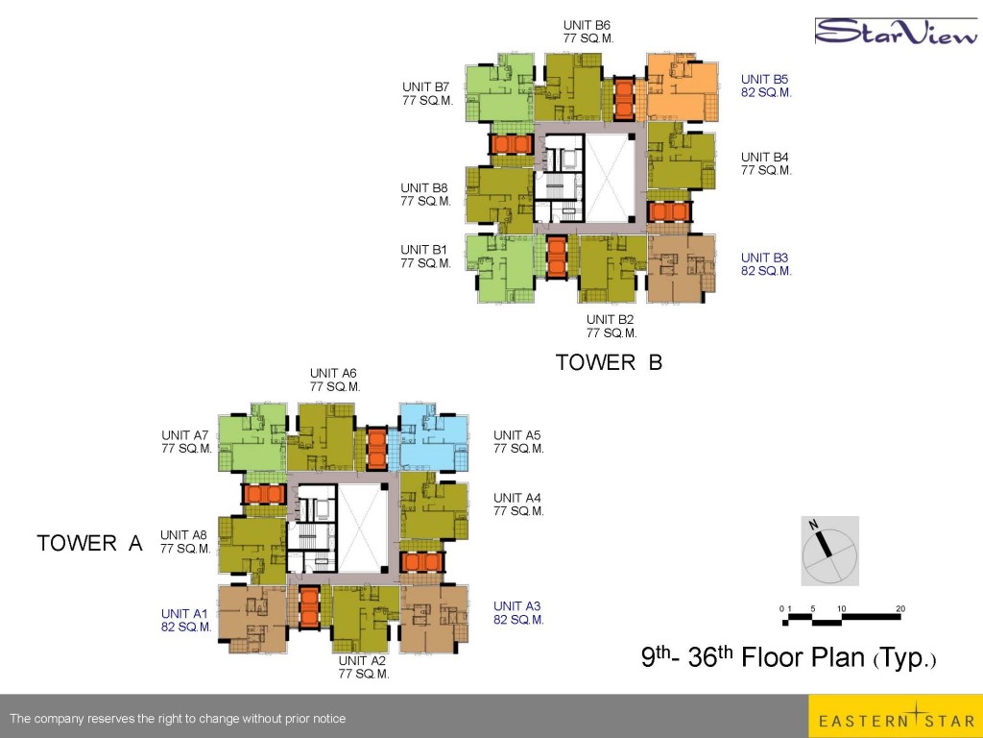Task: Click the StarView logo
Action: tap(897, 32)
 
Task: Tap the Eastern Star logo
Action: tap(896, 716)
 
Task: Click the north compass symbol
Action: tap(829, 551)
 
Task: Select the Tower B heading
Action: tap(609, 362)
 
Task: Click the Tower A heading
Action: tap(89, 543)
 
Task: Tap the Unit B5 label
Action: tap(766, 86)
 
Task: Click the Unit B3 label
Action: tap(766, 264)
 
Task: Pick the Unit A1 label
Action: tap(186, 620)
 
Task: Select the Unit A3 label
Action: tap(518, 612)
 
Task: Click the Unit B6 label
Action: tap(588, 32)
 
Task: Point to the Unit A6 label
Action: tap(335, 380)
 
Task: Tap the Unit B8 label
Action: tap(425, 194)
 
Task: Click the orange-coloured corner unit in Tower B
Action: tap(683, 87)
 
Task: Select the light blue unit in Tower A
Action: tap(434, 437)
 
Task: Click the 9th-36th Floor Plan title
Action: tap(789, 657)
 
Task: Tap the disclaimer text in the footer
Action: tap(178, 719)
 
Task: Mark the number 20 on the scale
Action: tap(900, 608)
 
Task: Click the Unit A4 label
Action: tap(518, 504)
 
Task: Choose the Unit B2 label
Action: tap(611, 327)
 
